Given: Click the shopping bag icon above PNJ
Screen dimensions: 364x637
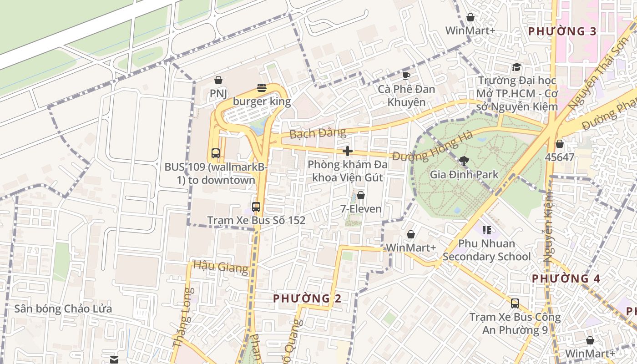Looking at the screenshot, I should tap(218, 80).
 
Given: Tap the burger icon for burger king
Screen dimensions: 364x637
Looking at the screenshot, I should tap(262, 87).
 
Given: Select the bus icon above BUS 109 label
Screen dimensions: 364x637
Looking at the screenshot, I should tap(215, 153).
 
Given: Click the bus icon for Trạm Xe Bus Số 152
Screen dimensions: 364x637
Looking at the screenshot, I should tap(256, 207).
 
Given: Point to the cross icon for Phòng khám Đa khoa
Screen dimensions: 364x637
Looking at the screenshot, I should tap(348, 151).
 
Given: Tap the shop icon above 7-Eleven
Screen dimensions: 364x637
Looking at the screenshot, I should tap(361, 195).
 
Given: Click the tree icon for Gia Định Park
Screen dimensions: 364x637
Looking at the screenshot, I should tap(464, 161).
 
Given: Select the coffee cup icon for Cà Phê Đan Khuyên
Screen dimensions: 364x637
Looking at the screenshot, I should tap(406, 75).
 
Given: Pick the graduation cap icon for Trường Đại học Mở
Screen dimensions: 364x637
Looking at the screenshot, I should tap(516, 67).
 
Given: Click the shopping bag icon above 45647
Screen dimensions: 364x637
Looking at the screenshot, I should tap(560, 144).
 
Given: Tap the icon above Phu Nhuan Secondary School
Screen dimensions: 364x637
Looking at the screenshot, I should tap(487, 230).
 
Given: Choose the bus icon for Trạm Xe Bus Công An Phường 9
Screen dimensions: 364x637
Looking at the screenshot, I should tap(515, 303).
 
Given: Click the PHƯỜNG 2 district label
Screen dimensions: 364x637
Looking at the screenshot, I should tap(307, 298).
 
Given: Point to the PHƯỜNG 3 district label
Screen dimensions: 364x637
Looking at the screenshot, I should tap(562, 31).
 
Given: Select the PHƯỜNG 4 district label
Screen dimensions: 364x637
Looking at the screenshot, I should tap(566, 278).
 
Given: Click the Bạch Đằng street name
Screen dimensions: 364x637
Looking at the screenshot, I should tap(318, 133).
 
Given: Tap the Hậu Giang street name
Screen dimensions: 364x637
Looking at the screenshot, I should tap(221, 266).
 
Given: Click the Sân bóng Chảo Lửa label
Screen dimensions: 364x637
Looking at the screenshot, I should tap(63, 309).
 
